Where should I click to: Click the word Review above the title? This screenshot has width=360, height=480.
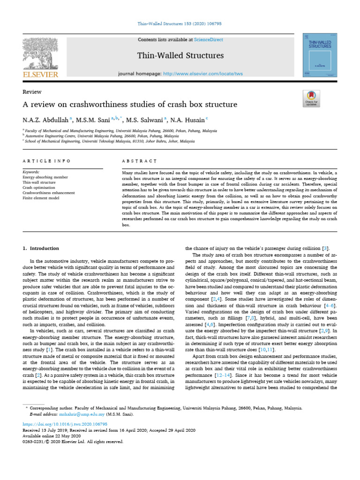[x=32, y=92]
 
